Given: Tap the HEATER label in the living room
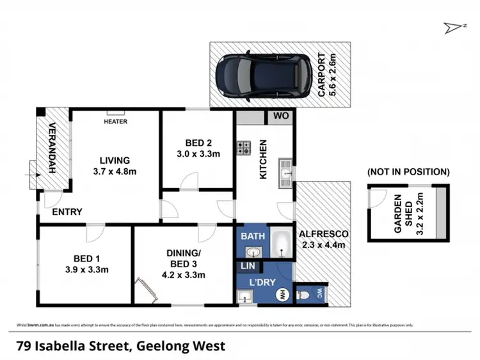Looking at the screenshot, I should click(x=115, y=121).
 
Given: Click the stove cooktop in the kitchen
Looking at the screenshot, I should click(x=244, y=148).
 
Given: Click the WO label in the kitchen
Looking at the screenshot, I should click(x=281, y=116).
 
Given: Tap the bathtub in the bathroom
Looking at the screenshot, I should click(x=280, y=244).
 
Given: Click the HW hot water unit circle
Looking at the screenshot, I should click(x=280, y=295).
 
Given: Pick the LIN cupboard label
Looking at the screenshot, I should click(x=248, y=265).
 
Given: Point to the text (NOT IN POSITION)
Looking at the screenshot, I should click(x=408, y=172).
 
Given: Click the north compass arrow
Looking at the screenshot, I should click(x=454, y=27).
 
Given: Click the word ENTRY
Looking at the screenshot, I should click(x=67, y=212).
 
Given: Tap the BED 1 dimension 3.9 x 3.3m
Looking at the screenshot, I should click(x=83, y=269).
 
